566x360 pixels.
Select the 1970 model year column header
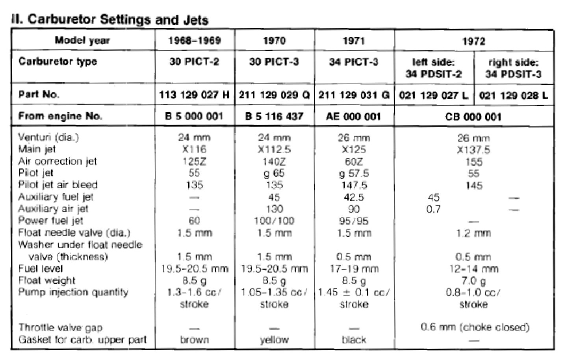pyautogui.click(x=274, y=41)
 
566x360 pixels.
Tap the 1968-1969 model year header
pyautogui.click(x=195, y=41)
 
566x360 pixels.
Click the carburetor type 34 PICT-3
pyautogui.click(x=354, y=62)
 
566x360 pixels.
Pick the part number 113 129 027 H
pyautogui.click(x=194, y=95)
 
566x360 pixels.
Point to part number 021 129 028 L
pyautogui.click(x=513, y=96)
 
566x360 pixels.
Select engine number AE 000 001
pyautogui.click(x=354, y=117)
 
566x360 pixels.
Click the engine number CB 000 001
pyautogui.click(x=473, y=117)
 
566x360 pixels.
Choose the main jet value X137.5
pyautogui.click(x=473, y=150)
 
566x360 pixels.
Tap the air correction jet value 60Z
pyautogui.click(x=354, y=161)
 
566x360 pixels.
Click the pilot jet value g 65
pyautogui.click(x=274, y=173)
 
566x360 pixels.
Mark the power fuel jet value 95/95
pyautogui.click(x=354, y=221)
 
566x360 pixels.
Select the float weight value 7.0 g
pyautogui.click(x=473, y=281)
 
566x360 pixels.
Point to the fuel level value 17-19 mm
pyautogui.click(x=354, y=269)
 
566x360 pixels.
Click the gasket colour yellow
pyautogui.click(x=274, y=340)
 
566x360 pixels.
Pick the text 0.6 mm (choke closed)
pyautogui.click(x=475, y=327)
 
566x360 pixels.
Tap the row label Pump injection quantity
pyautogui.click(x=73, y=292)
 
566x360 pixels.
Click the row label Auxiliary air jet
pyautogui.click(x=53, y=209)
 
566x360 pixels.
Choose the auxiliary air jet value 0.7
pyautogui.click(x=433, y=209)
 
